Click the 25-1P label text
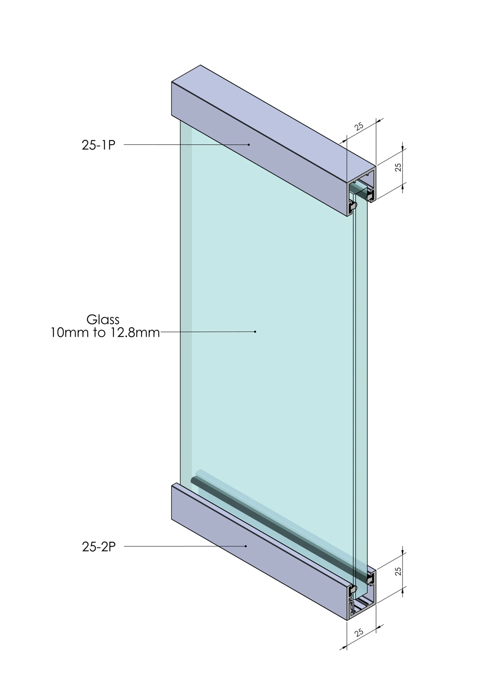[x=98, y=145]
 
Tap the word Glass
[x=103, y=320]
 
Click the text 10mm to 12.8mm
[x=105, y=333]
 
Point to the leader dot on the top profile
[x=249, y=145]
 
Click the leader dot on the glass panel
[x=255, y=332]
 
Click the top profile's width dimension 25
[x=359, y=126]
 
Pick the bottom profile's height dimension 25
[x=398, y=571]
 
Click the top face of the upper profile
[x=272, y=115]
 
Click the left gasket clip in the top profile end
[x=353, y=207]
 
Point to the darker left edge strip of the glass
[x=186, y=303]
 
